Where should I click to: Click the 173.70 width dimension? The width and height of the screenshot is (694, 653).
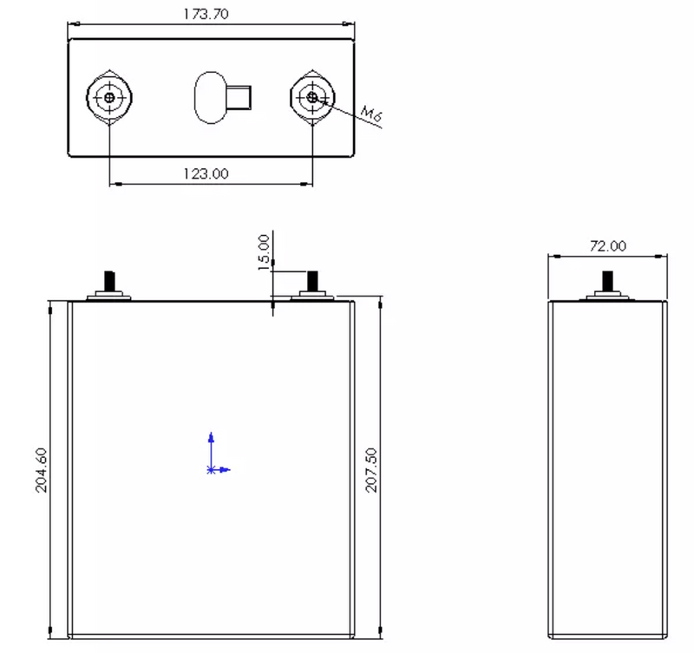click(x=206, y=14)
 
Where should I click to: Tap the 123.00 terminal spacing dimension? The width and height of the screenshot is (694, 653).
click(x=206, y=173)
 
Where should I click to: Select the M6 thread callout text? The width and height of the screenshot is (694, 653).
click(x=371, y=114)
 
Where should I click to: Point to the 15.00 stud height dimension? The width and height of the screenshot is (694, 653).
click(x=264, y=252)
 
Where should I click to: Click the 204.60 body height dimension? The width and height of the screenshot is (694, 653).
click(x=41, y=470)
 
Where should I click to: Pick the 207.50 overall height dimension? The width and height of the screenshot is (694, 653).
click(x=371, y=470)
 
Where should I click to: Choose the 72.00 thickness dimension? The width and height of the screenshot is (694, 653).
click(x=608, y=246)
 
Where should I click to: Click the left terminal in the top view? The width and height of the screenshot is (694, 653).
click(x=109, y=97)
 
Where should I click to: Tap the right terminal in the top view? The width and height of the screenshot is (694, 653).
click(x=312, y=97)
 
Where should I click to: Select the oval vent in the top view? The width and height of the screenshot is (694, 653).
click(x=211, y=98)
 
